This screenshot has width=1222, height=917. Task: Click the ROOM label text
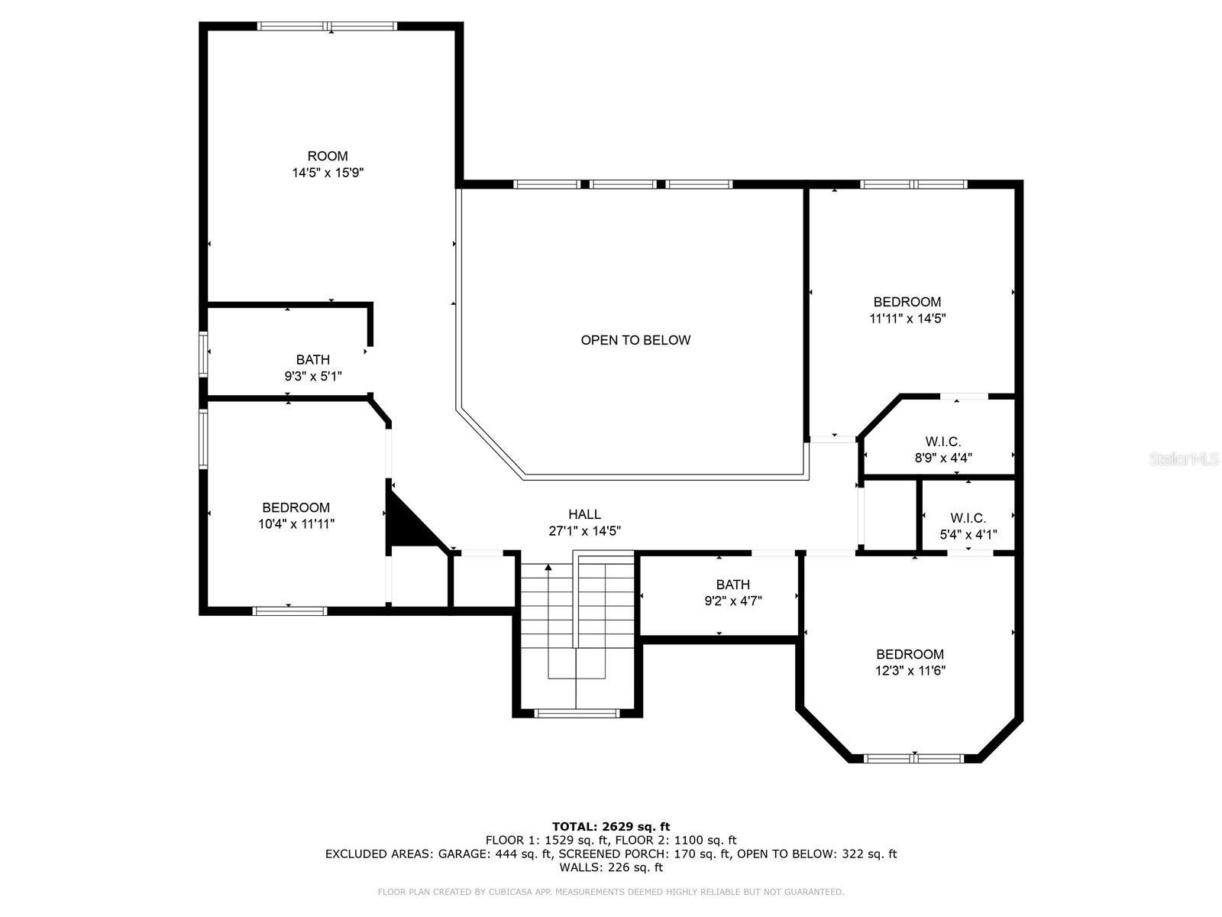tap(328, 157)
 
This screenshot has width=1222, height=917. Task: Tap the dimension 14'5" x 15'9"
tap(328, 173)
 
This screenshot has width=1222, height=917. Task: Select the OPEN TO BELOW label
tap(635, 340)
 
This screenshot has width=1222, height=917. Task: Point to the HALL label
tap(584, 514)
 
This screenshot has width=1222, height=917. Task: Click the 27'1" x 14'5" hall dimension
tap(584, 531)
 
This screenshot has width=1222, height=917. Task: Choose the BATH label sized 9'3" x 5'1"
tap(313, 360)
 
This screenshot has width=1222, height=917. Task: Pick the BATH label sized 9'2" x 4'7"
tap(732, 585)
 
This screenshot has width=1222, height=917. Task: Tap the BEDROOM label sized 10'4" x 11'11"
tap(296, 507)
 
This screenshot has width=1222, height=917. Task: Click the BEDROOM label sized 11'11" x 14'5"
tap(907, 302)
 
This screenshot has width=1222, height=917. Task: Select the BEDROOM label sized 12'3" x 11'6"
tap(910, 654)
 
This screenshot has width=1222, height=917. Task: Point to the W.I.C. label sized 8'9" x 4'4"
tap(943, 442)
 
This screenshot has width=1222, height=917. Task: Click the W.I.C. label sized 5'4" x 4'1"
tap(968, 518)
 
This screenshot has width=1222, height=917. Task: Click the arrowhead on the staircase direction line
tap(548, 567)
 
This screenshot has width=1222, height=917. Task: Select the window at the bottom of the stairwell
tap(577, 713)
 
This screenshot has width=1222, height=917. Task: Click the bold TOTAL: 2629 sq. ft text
tap(611, 827)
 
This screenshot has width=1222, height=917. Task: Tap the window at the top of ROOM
tap(328, 26)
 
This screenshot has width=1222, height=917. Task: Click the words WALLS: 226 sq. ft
tap(611, 867)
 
